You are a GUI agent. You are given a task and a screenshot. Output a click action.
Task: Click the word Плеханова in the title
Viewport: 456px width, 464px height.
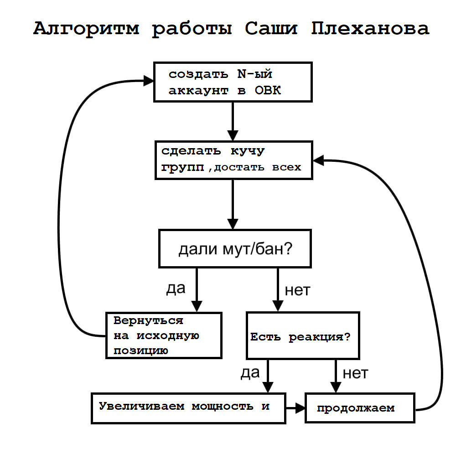click(370, 29)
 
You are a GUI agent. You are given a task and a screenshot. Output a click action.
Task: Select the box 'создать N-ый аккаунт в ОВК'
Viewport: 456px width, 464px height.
click(233, 82)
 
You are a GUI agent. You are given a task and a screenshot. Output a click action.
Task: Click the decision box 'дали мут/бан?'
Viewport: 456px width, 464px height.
click(235, 248)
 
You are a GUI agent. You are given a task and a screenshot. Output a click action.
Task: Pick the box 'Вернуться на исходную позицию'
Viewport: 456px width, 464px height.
click(164, 335)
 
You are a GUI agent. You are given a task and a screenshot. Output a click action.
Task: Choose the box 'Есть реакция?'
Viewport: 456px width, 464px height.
click(303, 335)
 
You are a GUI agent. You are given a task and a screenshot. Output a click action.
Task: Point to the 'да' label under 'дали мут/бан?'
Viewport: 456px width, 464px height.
click(176, 289)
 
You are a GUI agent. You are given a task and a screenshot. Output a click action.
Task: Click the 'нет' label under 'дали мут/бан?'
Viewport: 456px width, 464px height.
click(297, 290)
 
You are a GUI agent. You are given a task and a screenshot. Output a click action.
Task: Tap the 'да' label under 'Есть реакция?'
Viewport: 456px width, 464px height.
click(250, 373)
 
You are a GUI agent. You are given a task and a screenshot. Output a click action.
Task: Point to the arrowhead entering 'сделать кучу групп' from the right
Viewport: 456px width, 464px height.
click(318, 160)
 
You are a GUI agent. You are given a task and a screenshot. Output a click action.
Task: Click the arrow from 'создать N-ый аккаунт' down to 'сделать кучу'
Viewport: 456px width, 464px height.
click(233, 121)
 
